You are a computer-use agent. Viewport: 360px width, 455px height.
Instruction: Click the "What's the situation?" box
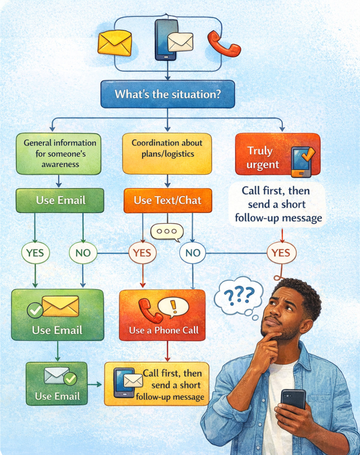[167, 94]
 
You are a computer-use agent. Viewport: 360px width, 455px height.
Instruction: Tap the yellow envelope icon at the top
[115, 43]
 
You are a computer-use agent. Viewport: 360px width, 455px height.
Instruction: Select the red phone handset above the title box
[223, 44]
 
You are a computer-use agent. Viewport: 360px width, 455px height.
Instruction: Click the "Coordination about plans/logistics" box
[167, 154]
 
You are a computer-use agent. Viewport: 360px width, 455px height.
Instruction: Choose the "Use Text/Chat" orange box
[168, 201]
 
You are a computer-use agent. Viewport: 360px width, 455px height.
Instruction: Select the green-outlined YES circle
[35, 253]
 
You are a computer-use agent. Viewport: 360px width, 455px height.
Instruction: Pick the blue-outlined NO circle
[193, 253]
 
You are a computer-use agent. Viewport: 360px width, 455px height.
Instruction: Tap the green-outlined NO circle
[83, 253]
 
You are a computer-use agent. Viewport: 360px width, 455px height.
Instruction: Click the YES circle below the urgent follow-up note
[281, 253]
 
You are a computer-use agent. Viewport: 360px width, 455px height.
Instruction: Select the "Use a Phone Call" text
[164, 330]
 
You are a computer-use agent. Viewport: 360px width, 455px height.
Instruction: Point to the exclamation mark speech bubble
[173, 307]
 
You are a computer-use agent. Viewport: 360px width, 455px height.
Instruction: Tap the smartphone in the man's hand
[293, 401]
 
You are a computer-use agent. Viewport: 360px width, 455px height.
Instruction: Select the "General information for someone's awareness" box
[59, 154]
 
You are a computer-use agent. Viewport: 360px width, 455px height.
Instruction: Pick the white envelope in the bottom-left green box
[56, 376]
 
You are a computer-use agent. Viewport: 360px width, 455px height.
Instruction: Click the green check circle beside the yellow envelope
[35, 310]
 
